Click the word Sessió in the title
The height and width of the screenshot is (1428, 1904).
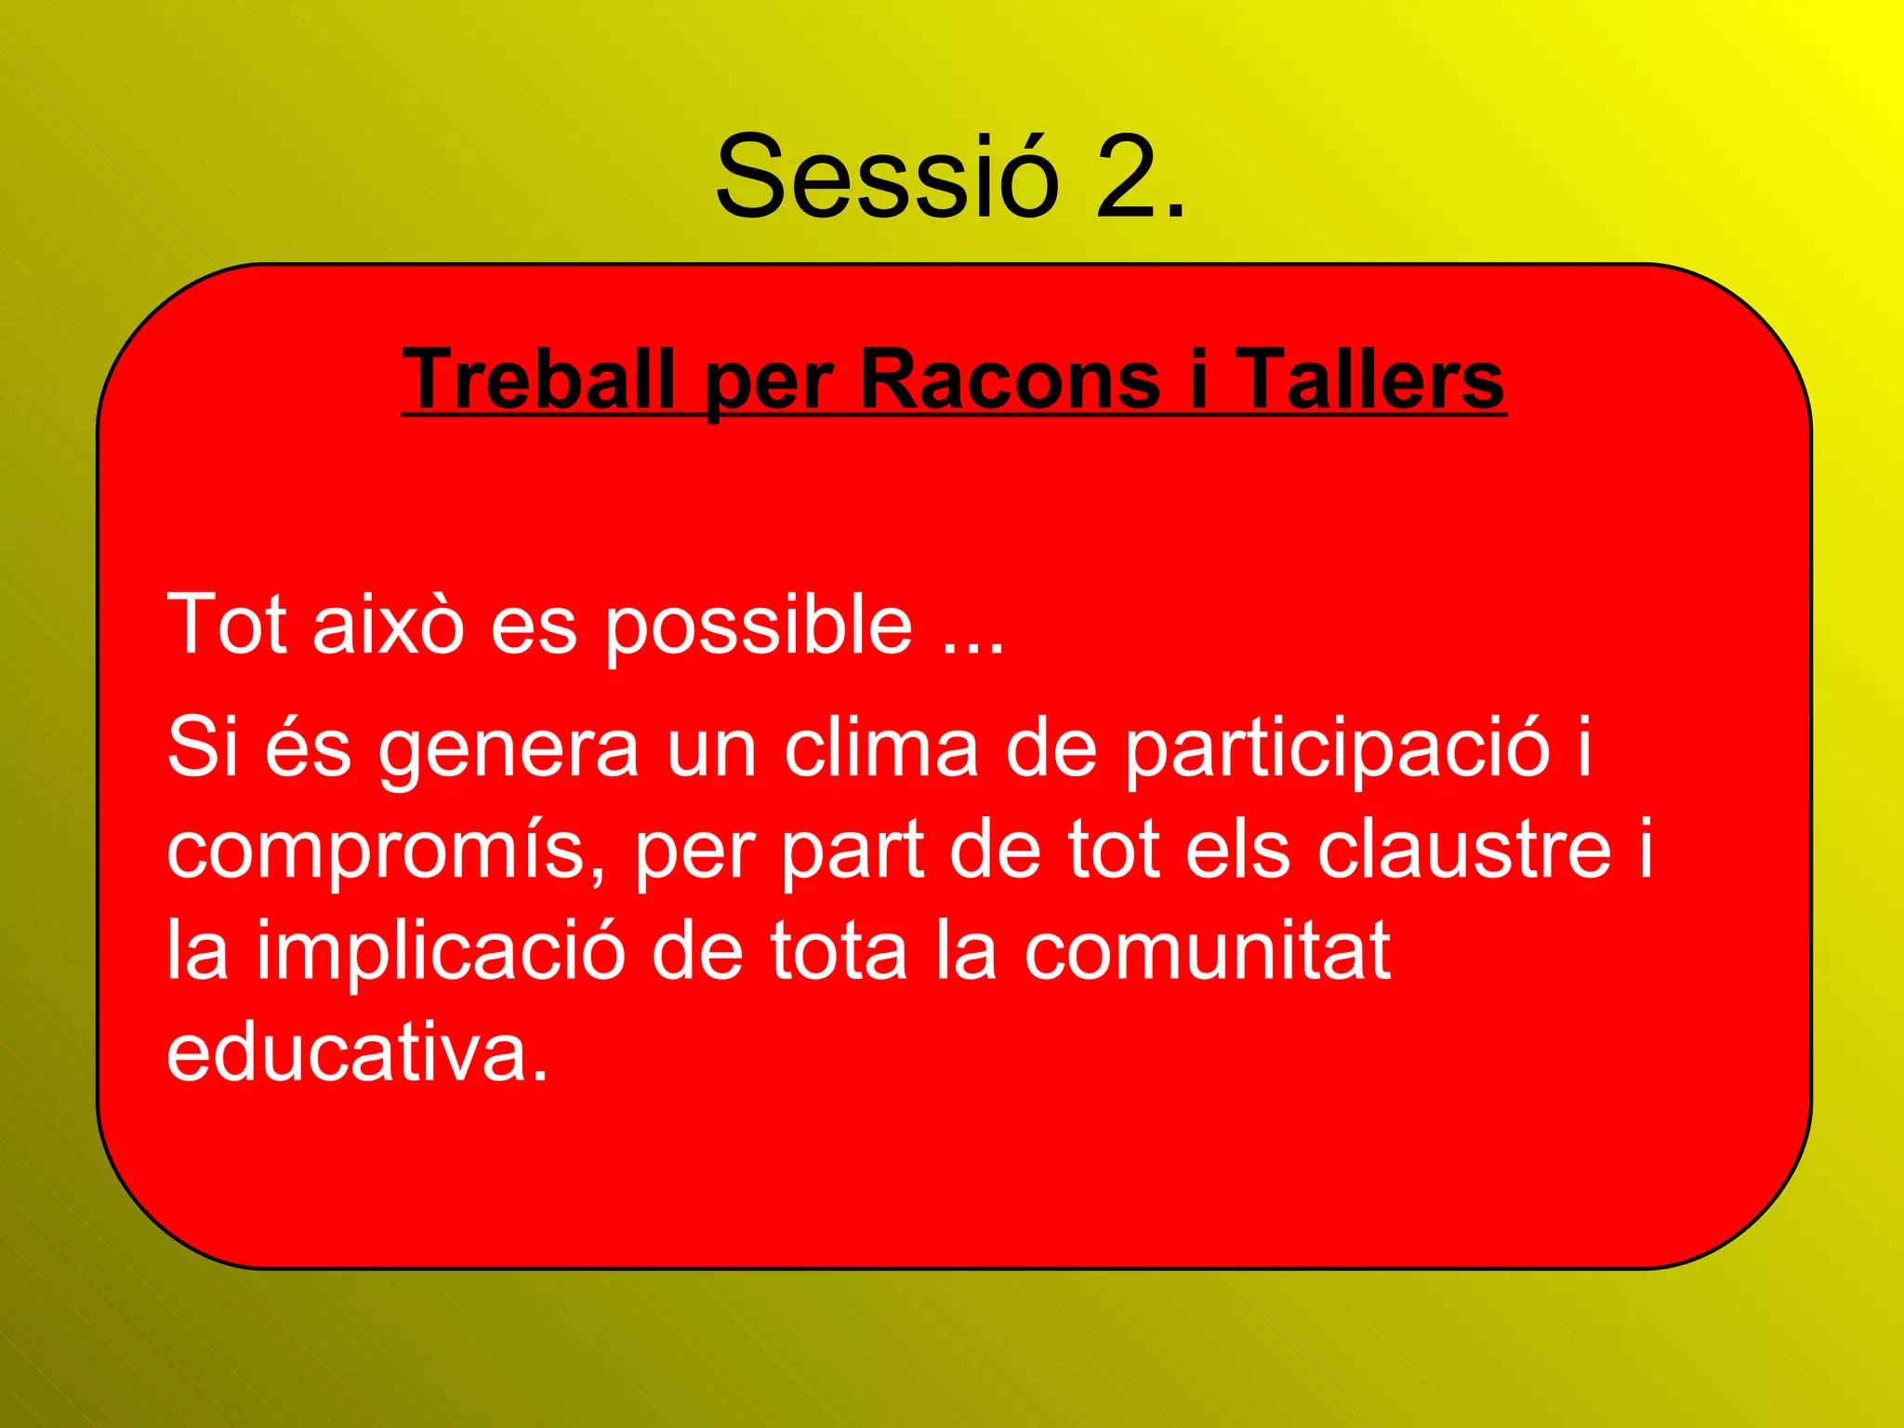coord(887,177)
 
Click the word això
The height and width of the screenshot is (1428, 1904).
coord(388,624)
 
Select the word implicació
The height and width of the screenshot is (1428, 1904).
coord(441,953)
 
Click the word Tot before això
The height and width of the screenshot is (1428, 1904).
coord(226,624)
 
